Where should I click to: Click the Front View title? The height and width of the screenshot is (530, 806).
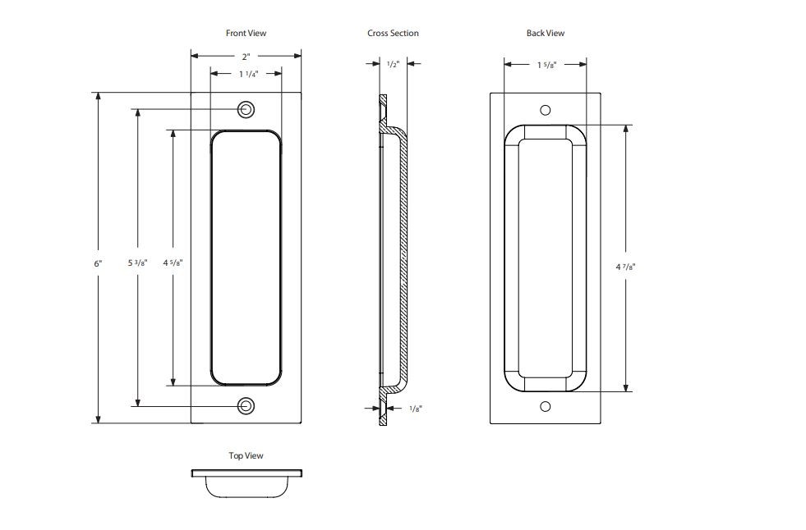[x=246, y=33]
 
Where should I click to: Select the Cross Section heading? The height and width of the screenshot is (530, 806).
[x=393, y=33]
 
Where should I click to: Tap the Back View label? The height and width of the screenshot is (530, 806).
[x=546, y=33]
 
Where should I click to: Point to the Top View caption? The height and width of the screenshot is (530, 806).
[x=246, y=455]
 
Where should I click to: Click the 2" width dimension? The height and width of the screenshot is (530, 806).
[x=246, y=57]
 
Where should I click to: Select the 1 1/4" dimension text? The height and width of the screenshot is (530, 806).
[x=248, y=74]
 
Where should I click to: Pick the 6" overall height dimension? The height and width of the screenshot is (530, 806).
[x=98, y=263]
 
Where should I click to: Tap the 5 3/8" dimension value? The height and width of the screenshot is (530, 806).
[x=137, y=263]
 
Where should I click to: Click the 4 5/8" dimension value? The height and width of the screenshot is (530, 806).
[x=173, y=263]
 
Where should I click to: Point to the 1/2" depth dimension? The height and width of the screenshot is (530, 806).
[x=393, y=64]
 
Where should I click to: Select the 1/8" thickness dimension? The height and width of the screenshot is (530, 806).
[x=417, y=408]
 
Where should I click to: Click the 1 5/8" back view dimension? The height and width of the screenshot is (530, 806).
[x=546, y=65]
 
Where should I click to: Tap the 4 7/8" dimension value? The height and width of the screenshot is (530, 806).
[x=627, y=267]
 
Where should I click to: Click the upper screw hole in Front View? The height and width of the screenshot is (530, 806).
[x=246, y=110]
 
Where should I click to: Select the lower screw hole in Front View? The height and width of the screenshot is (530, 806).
[x=246, y=405]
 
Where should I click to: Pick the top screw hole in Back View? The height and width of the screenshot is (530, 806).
[x=545, y=110]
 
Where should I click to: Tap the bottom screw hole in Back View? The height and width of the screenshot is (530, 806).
[x=545, y=406]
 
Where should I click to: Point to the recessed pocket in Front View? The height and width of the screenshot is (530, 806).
[x=246, y=258]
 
